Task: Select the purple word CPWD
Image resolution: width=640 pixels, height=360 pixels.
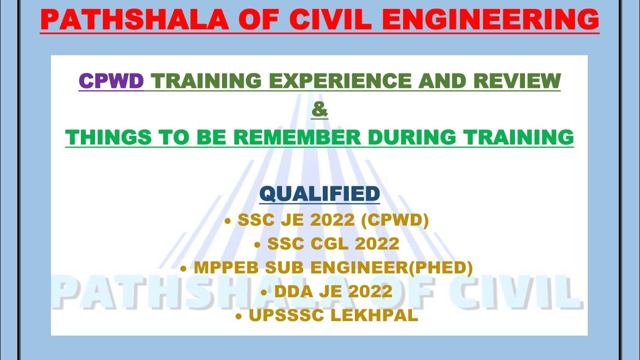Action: tap(111, 80)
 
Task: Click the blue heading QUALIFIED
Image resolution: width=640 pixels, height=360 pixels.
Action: tap(319, 193)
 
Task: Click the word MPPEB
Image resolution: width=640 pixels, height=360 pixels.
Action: tap(219, 267)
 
